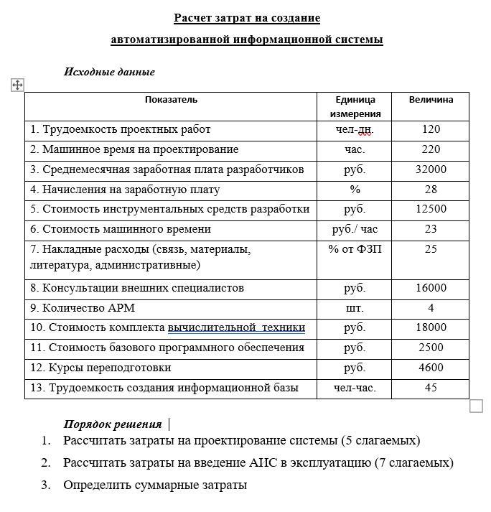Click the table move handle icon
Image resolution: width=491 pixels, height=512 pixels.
coord(18,85)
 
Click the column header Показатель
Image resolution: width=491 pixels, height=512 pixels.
coord(171,100)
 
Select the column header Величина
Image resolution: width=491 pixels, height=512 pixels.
coord(431,100)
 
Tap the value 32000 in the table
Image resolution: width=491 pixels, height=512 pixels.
coord(431,169)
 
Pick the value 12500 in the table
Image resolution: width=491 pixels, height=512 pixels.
coord(431,209)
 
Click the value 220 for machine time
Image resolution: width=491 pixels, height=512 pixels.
coord(431,149)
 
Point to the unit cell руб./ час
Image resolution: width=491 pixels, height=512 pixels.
coord(355,229)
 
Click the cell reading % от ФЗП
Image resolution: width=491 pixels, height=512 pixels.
coord(355,249)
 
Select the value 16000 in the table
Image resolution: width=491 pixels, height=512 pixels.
coord(431,288)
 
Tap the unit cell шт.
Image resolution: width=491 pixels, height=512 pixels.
coord(355,308)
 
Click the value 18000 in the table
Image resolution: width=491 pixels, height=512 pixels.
coord(431,327)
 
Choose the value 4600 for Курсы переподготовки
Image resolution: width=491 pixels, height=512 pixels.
coord(431,368)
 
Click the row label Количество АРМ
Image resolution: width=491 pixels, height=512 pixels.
coord(83,308)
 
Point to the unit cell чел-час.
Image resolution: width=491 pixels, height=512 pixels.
coord(355,388)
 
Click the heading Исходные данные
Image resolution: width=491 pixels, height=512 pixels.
coord(109,72)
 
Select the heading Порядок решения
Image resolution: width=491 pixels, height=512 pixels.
coord(112,424)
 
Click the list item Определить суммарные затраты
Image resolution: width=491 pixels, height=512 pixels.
coord(155,485)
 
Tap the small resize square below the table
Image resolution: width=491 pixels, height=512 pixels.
coord(476,406)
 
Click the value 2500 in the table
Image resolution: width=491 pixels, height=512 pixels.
coord(431,348)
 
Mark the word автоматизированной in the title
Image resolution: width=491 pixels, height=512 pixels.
coord(170,39)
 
